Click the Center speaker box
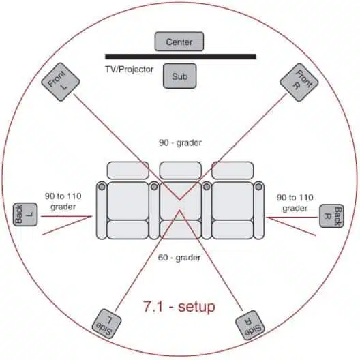click(x=179, y=42)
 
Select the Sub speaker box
click(x=179, y=76)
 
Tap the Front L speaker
click(x=61, y=82)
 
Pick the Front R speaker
click(x=299, y=82)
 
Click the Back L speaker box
click(x=25, y=214)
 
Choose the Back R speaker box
click(x=331, y=216)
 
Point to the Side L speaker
click(x=106, y=323)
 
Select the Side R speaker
click(x=250, y=325)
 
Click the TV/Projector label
click(x=130, y=70)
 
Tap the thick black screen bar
click(x=181, y=57)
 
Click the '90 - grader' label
click(x=180, y=142)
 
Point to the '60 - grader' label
click(x=179, y=258)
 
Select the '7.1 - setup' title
click(x=179, y=306)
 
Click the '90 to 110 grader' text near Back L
click(x=63, y=201)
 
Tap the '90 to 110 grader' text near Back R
click(x=295, y=202)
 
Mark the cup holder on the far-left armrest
click(x=102, y=187)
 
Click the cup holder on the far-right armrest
click(x=259, y=187)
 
